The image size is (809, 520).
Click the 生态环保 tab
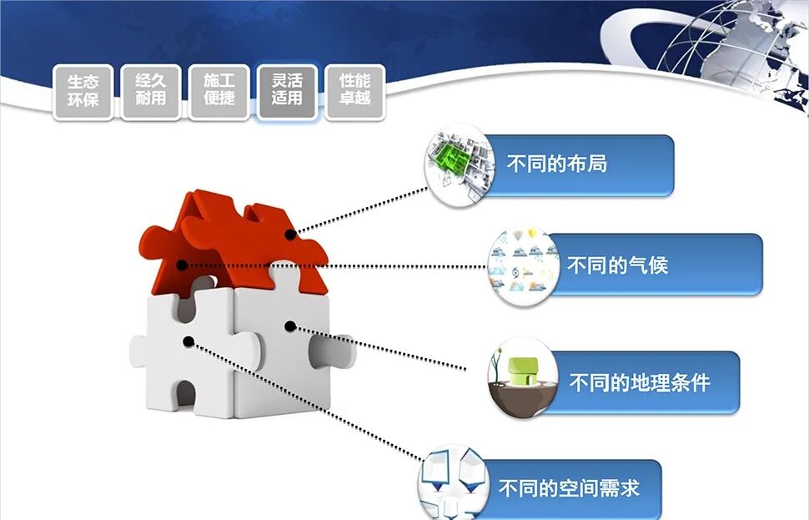(x=83, y=92)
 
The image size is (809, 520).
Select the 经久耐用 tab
(x=150, y=92)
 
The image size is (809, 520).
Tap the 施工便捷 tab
(x=219, y=92)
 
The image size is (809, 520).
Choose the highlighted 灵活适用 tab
(x=287, y=92)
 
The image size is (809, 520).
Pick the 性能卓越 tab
(x=354, y=92)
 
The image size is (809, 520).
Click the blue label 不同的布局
(x=575, y=164)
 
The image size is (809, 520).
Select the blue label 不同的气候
(x=651, y=265)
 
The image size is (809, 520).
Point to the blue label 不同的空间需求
(x=575, y=488)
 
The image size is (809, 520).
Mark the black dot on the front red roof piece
(x=182, y=265)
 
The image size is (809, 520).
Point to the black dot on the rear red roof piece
(x=289, y=235)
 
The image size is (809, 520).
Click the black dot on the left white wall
(x=189, y=341)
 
